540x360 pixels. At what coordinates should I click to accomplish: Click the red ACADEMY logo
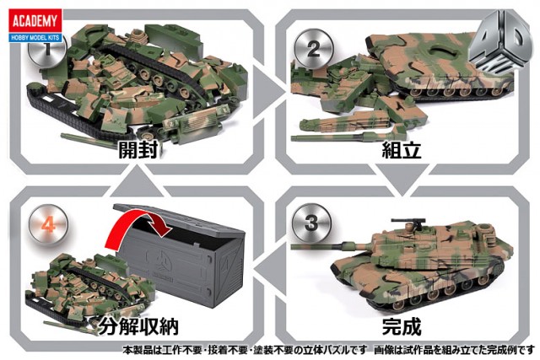[x=35, y=21]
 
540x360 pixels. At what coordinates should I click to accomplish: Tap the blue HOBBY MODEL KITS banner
[x=35, y=37]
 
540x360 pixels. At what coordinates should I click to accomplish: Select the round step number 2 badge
[x=313, y=49]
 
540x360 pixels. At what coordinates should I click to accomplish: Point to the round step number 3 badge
[x=311, y=223]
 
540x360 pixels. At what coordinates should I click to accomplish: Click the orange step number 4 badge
[x=49, y=225]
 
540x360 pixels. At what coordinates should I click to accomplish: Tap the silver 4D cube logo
[x=501, y=43]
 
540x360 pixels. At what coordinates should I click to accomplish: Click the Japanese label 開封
[x=138, y=150]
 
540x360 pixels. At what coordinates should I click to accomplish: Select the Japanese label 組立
[x=402, y=150]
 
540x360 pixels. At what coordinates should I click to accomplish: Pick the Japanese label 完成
[x=402, y=326]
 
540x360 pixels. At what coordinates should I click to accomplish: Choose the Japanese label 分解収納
[x=138, y=326]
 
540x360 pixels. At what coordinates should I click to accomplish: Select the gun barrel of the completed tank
[x=331, y=245]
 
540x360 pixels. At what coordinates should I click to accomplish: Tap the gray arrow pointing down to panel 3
[x=402, y=180]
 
